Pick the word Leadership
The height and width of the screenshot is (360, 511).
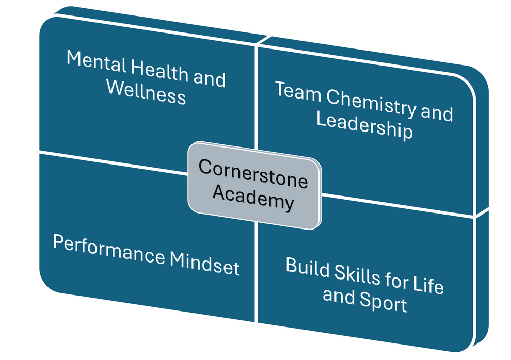364,126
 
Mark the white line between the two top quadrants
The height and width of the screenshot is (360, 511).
257,93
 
